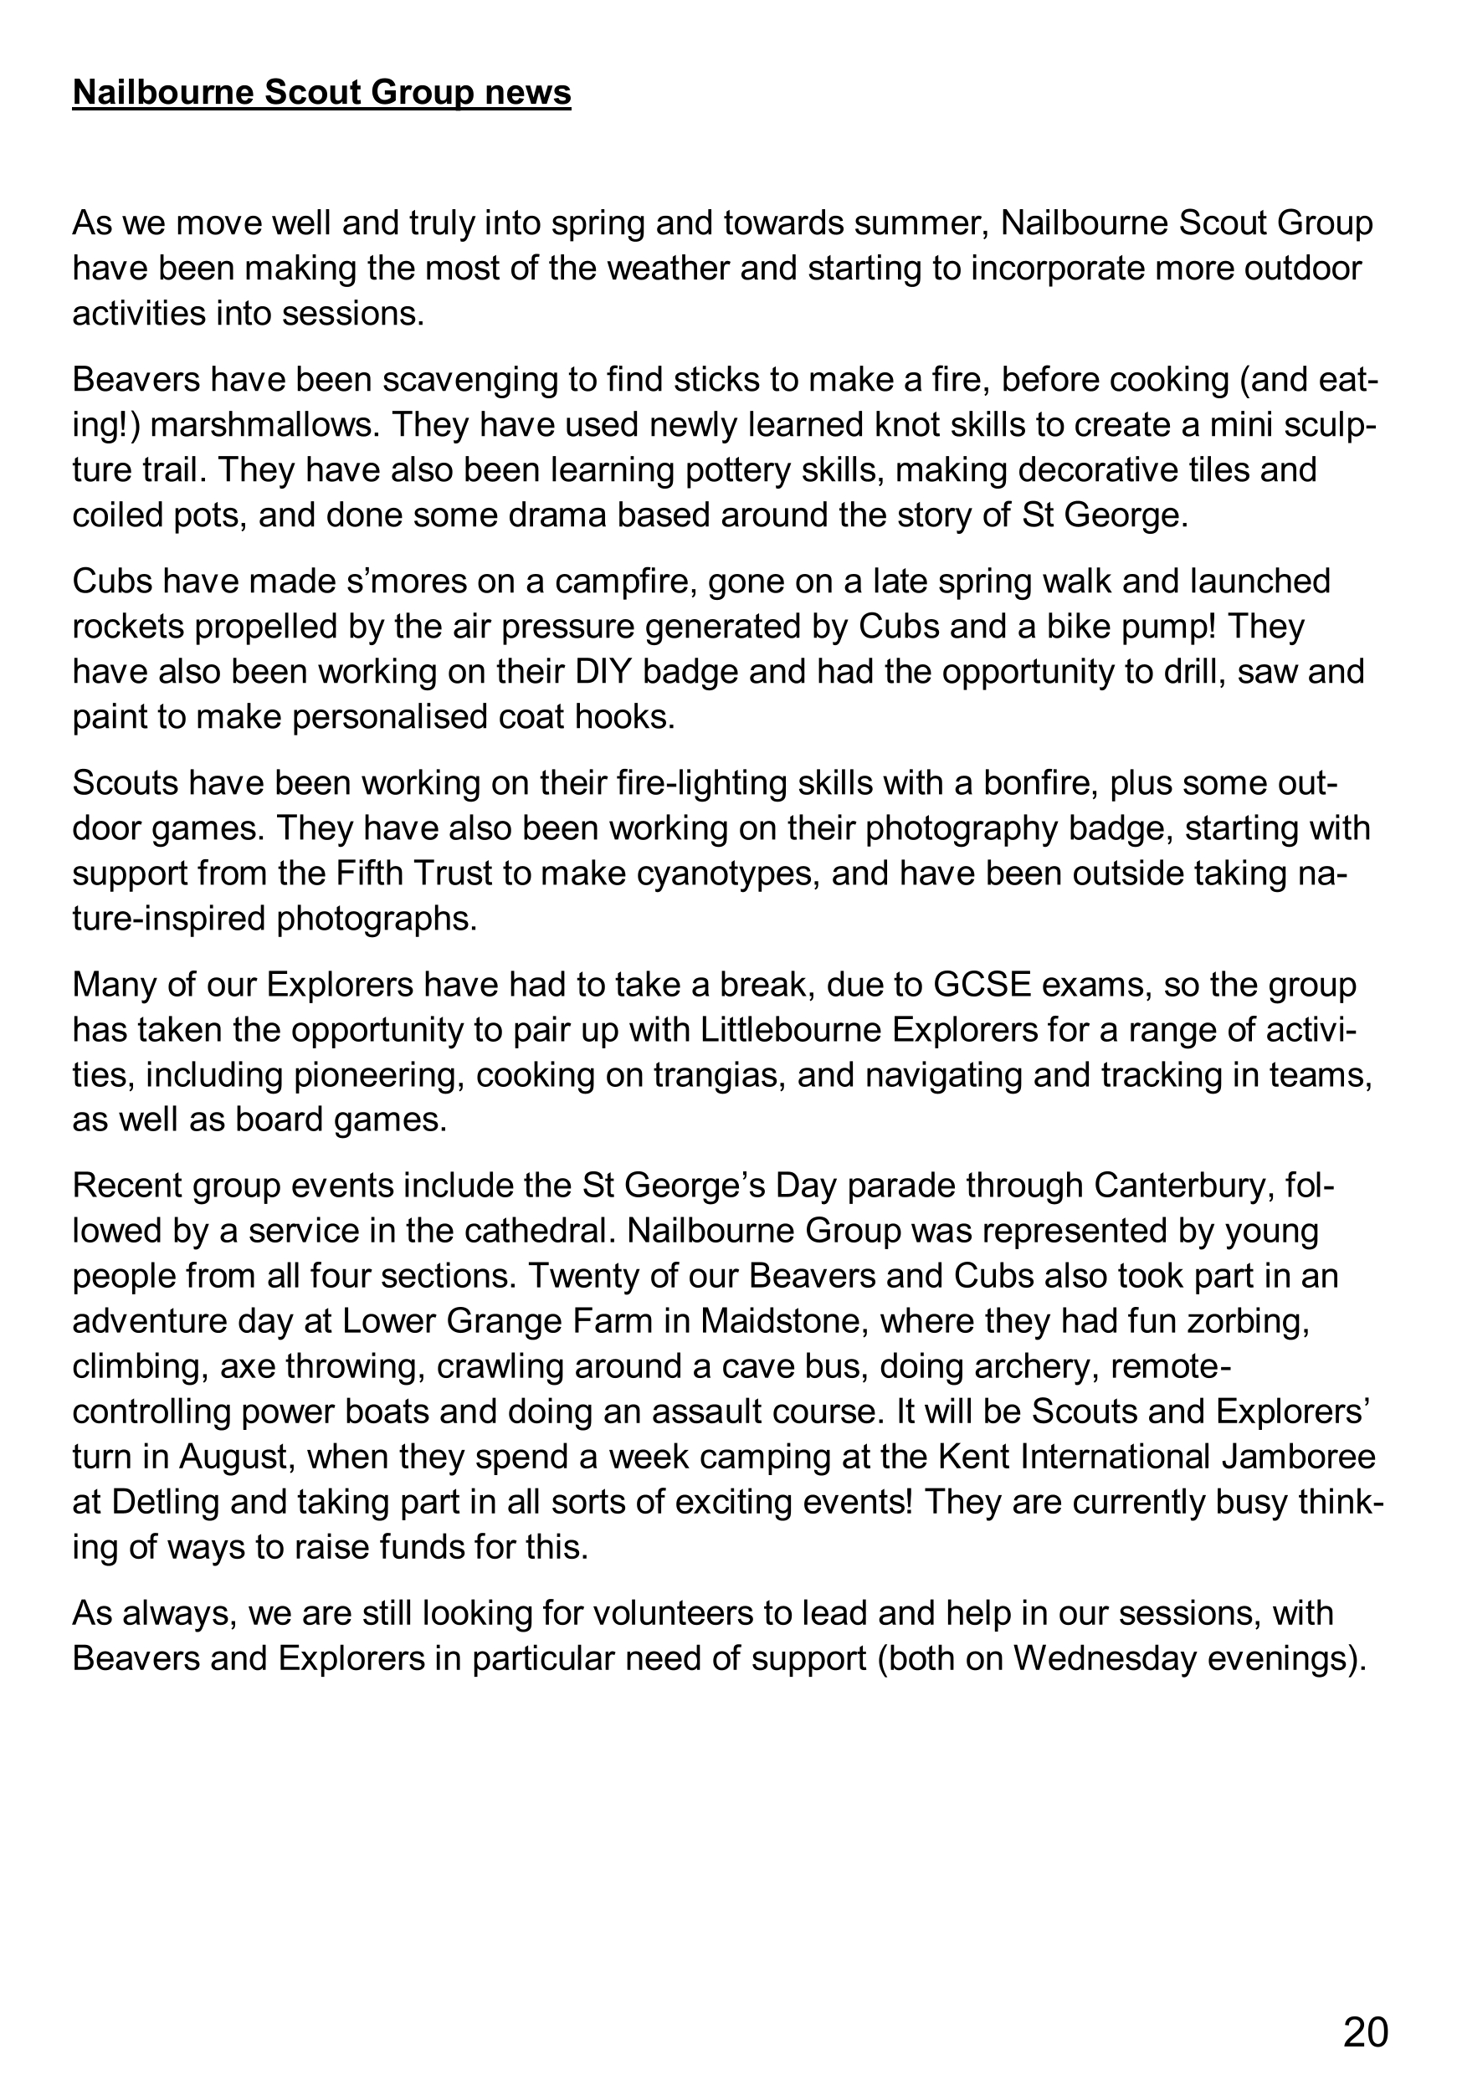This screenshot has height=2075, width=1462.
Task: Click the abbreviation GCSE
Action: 982,984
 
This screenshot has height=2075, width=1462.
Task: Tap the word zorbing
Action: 1249,1321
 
